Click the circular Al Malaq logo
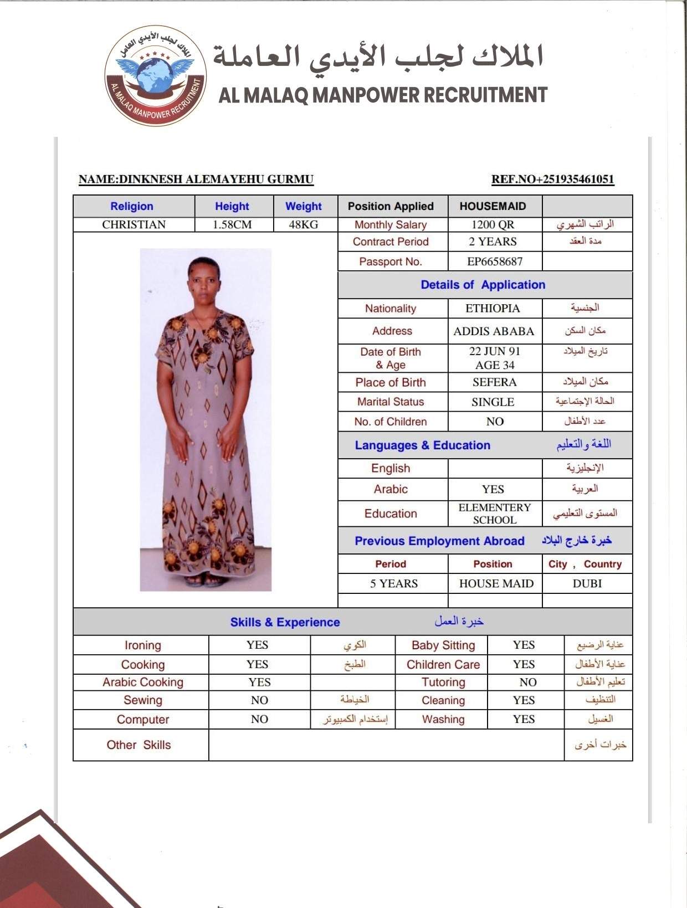(x=156, y=76)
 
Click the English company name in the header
(x=383, y=95)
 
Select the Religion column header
(x=132, y=206)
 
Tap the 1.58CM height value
(x=232, y=224)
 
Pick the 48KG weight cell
(x=304, y=224)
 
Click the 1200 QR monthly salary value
(x=493, y=224)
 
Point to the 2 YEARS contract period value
(x=493, y=242)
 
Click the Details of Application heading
(x=483, y=285)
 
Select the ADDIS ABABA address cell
(x=494, y=331)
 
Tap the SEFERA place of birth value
(x=494, y=382)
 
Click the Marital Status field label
(x=391, y=402)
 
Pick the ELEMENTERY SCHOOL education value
(x=494, y=514)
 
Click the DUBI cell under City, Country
(x=587, y=583)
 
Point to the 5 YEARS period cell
(x=393, y=583)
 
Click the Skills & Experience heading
(x=285, y=622)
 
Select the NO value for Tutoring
(x=527, y=682)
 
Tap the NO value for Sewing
(x=259, y=700)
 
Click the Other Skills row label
(x=139, y=745)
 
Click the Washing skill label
(x=443, y=719)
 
